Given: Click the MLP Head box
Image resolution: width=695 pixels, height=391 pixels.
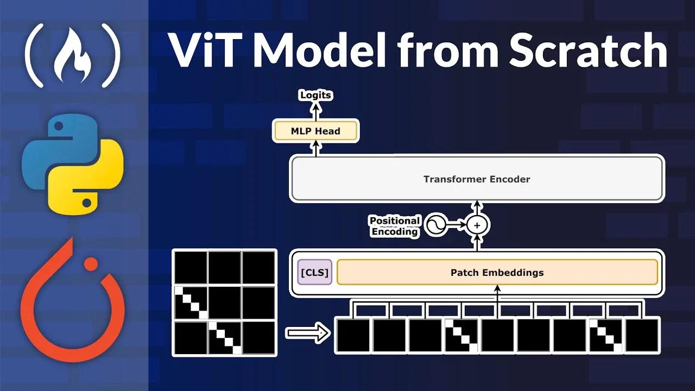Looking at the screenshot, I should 315,131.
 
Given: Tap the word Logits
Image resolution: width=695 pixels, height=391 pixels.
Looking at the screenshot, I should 315,95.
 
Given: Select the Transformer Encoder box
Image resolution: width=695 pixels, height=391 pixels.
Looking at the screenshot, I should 477,179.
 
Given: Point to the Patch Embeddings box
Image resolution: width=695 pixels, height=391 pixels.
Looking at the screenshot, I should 497,273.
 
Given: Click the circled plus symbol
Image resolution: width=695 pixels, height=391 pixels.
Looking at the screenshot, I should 478,224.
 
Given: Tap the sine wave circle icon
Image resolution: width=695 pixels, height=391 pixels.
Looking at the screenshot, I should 435,224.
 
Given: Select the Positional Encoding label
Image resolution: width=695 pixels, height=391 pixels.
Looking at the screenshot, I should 395,226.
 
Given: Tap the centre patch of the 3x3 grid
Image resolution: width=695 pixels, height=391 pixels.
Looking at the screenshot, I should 224,302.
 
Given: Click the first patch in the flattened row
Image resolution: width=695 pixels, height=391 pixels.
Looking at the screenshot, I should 353,336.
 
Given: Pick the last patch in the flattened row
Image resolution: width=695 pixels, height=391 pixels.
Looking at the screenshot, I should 642,336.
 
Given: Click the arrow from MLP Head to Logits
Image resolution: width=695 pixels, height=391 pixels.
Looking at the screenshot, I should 315,111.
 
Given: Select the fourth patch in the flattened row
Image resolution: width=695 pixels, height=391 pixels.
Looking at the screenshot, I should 462,336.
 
